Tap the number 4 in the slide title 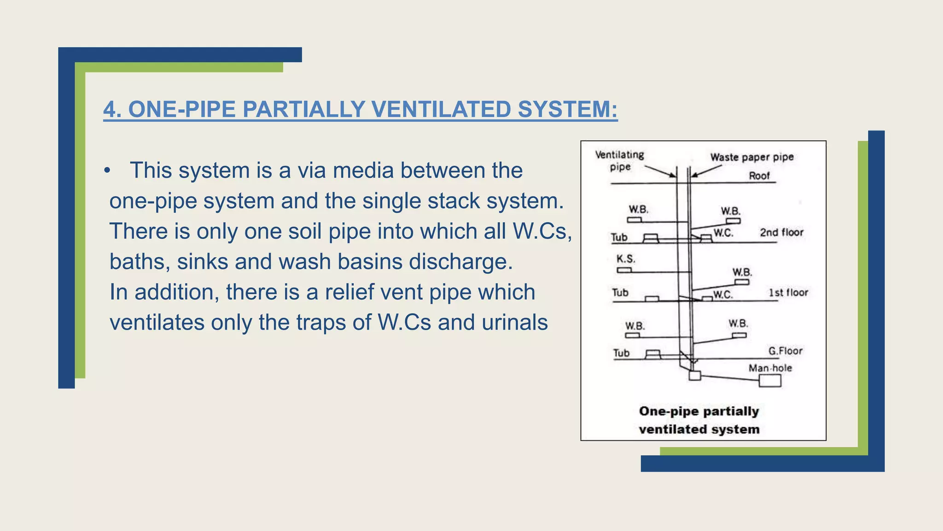109,110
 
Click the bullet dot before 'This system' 107,171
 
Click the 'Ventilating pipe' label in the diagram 620,160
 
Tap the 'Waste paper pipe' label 752,157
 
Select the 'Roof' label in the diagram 759,176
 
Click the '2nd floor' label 781,232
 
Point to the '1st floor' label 788,293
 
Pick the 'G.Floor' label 785,351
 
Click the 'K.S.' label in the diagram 626,259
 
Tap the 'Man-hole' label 770,368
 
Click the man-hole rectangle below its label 770,381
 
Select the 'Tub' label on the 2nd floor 619,237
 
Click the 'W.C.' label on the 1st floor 723,295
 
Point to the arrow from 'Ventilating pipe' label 660,171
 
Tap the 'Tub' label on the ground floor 621,353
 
